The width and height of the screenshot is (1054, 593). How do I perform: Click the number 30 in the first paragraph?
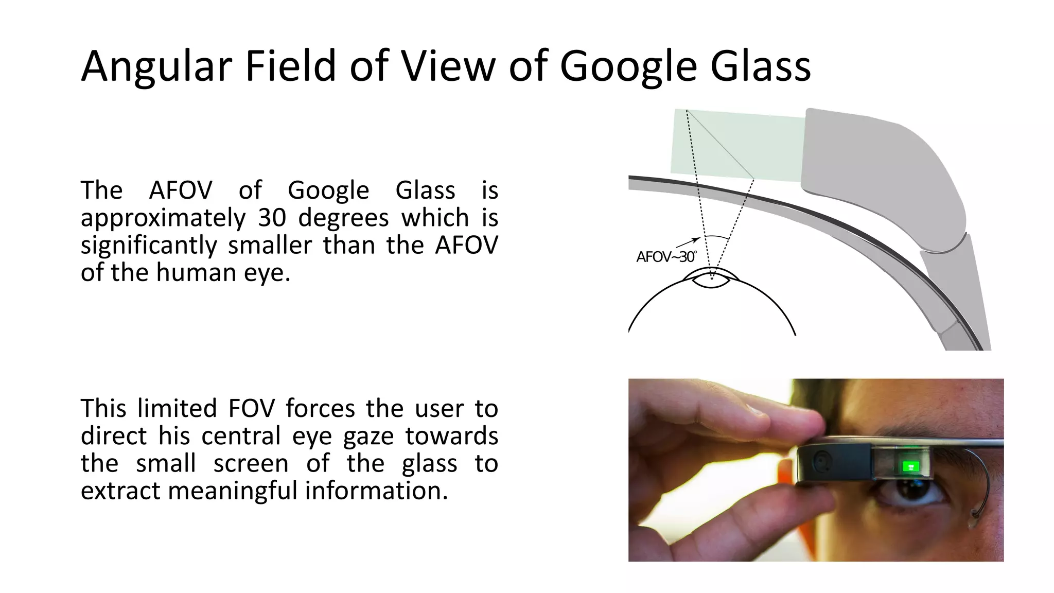[x=272, y=218]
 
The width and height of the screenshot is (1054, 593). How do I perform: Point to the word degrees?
[x=343, y=218]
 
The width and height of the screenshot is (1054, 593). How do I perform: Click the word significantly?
[x=148, y=245]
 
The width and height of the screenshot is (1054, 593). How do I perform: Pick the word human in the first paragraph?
[x=196, y=272]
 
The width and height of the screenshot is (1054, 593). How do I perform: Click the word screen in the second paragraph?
[x=251, y=463]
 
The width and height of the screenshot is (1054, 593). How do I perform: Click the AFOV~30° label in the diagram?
[x=666, y=257]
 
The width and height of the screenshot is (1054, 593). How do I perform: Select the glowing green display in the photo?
[x=910, y=466]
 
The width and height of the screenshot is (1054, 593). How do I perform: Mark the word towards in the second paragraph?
[x=451, y=436]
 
